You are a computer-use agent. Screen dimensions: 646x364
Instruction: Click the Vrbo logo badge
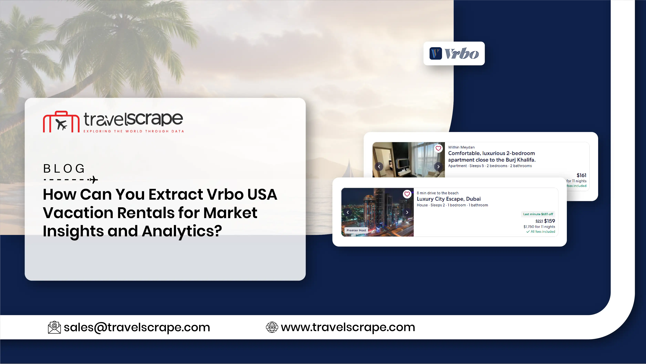pos(454,53)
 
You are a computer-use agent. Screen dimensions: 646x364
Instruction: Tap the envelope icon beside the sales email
pos(54,327)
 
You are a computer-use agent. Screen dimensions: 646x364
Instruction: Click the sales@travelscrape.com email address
pos(137,327)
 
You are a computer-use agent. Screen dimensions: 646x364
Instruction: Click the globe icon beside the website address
pos(272,327)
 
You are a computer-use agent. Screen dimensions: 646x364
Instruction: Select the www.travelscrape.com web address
pos(348,327)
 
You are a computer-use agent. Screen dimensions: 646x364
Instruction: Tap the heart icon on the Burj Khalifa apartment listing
pos(438,148)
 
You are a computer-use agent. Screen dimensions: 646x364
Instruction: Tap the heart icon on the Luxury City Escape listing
pos(407,194)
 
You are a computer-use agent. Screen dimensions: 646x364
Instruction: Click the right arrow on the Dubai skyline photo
pos(407,212)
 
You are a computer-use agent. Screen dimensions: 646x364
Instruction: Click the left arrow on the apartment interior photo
pos(379,167)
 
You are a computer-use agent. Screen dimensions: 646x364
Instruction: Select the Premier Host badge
pos(356,230)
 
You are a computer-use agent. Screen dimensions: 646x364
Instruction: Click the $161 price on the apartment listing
pos(581,175)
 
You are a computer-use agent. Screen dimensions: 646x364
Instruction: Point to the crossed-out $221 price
pos(539,221)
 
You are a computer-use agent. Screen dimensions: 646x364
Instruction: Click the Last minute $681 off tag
pos(538,214)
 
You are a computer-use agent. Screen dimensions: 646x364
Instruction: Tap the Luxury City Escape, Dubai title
pos(449,199)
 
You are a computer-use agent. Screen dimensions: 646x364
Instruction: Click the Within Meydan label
pos(461,147)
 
